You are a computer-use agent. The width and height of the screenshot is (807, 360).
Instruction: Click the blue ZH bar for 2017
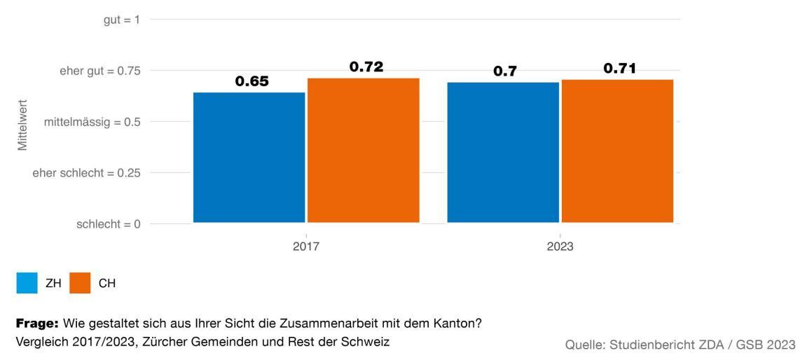click(249, 158)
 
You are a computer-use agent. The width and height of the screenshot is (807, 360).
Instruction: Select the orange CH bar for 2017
click(363, 151)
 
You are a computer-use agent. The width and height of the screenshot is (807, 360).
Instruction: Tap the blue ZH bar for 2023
click(503, 153)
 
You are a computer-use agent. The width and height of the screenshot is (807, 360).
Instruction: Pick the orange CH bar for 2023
click(617, 151)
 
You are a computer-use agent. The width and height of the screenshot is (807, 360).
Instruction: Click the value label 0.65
click(251, 81)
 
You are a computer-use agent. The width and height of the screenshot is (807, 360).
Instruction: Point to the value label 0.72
click(366, 67)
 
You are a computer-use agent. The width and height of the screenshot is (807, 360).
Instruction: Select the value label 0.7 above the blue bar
click(504, 71)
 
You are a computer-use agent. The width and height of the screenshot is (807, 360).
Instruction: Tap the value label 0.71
click(620, 69)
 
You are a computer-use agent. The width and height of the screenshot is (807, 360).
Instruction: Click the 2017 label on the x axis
click(306, 247)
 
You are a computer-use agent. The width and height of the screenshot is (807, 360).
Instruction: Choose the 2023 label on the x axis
click(560, 247)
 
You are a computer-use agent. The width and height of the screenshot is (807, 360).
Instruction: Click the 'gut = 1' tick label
click(121, 20)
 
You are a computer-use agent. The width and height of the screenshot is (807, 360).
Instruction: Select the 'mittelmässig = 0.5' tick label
click(92, 122)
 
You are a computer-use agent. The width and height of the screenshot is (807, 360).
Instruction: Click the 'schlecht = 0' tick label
click(108, 224)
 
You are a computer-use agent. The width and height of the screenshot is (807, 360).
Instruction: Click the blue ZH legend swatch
click(27, 284)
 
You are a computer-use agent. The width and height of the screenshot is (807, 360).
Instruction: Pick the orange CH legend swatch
click(79, 284)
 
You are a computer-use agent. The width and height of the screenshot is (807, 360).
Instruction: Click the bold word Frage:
click(37, 324)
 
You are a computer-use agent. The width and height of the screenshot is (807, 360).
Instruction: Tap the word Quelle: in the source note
click(586, 345)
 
